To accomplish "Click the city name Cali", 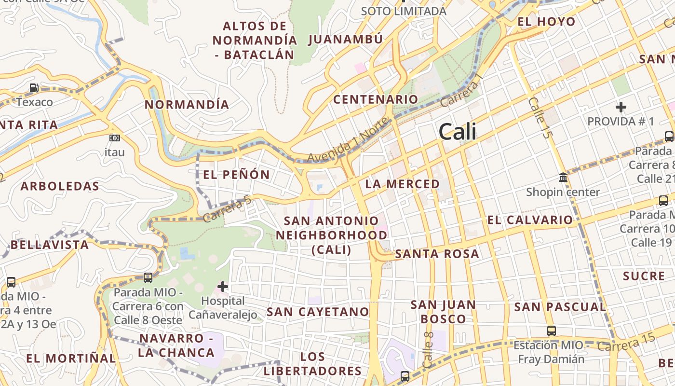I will coord(458,132).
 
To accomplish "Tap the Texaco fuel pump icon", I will coord(34,88).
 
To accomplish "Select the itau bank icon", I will coord(115,138).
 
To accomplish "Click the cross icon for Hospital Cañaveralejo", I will coord(223,286).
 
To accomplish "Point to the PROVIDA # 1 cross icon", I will coord(621,107).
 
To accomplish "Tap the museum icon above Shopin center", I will coord(563,178).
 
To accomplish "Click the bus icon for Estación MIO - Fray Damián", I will coord(551,331).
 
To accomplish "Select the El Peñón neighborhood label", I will coord(236,175).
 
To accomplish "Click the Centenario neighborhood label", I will coord(376,99).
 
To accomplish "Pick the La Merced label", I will coord(403,184).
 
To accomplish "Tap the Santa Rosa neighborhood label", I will coord(437,254).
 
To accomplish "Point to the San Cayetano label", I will coord(318,312).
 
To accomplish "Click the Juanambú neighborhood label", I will coord(345,39).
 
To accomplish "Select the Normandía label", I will coord(187,104).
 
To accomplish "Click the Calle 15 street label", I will coord(539,118).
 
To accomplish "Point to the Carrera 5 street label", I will coord(227,209).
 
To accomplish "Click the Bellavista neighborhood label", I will coord(50,245).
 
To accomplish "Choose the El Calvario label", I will coord(529,220).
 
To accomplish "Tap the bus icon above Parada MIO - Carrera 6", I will coord(148,278).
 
